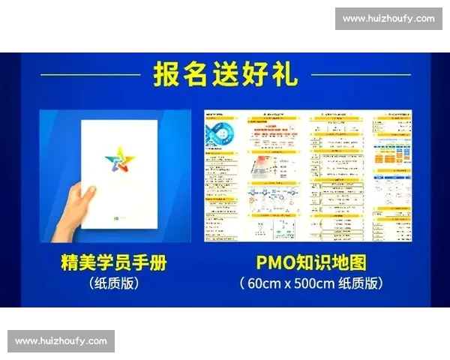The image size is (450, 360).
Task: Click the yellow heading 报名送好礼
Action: point(225,75)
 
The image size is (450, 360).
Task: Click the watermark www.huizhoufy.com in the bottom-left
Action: point(61,341)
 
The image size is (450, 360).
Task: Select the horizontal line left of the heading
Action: point(90,75)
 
